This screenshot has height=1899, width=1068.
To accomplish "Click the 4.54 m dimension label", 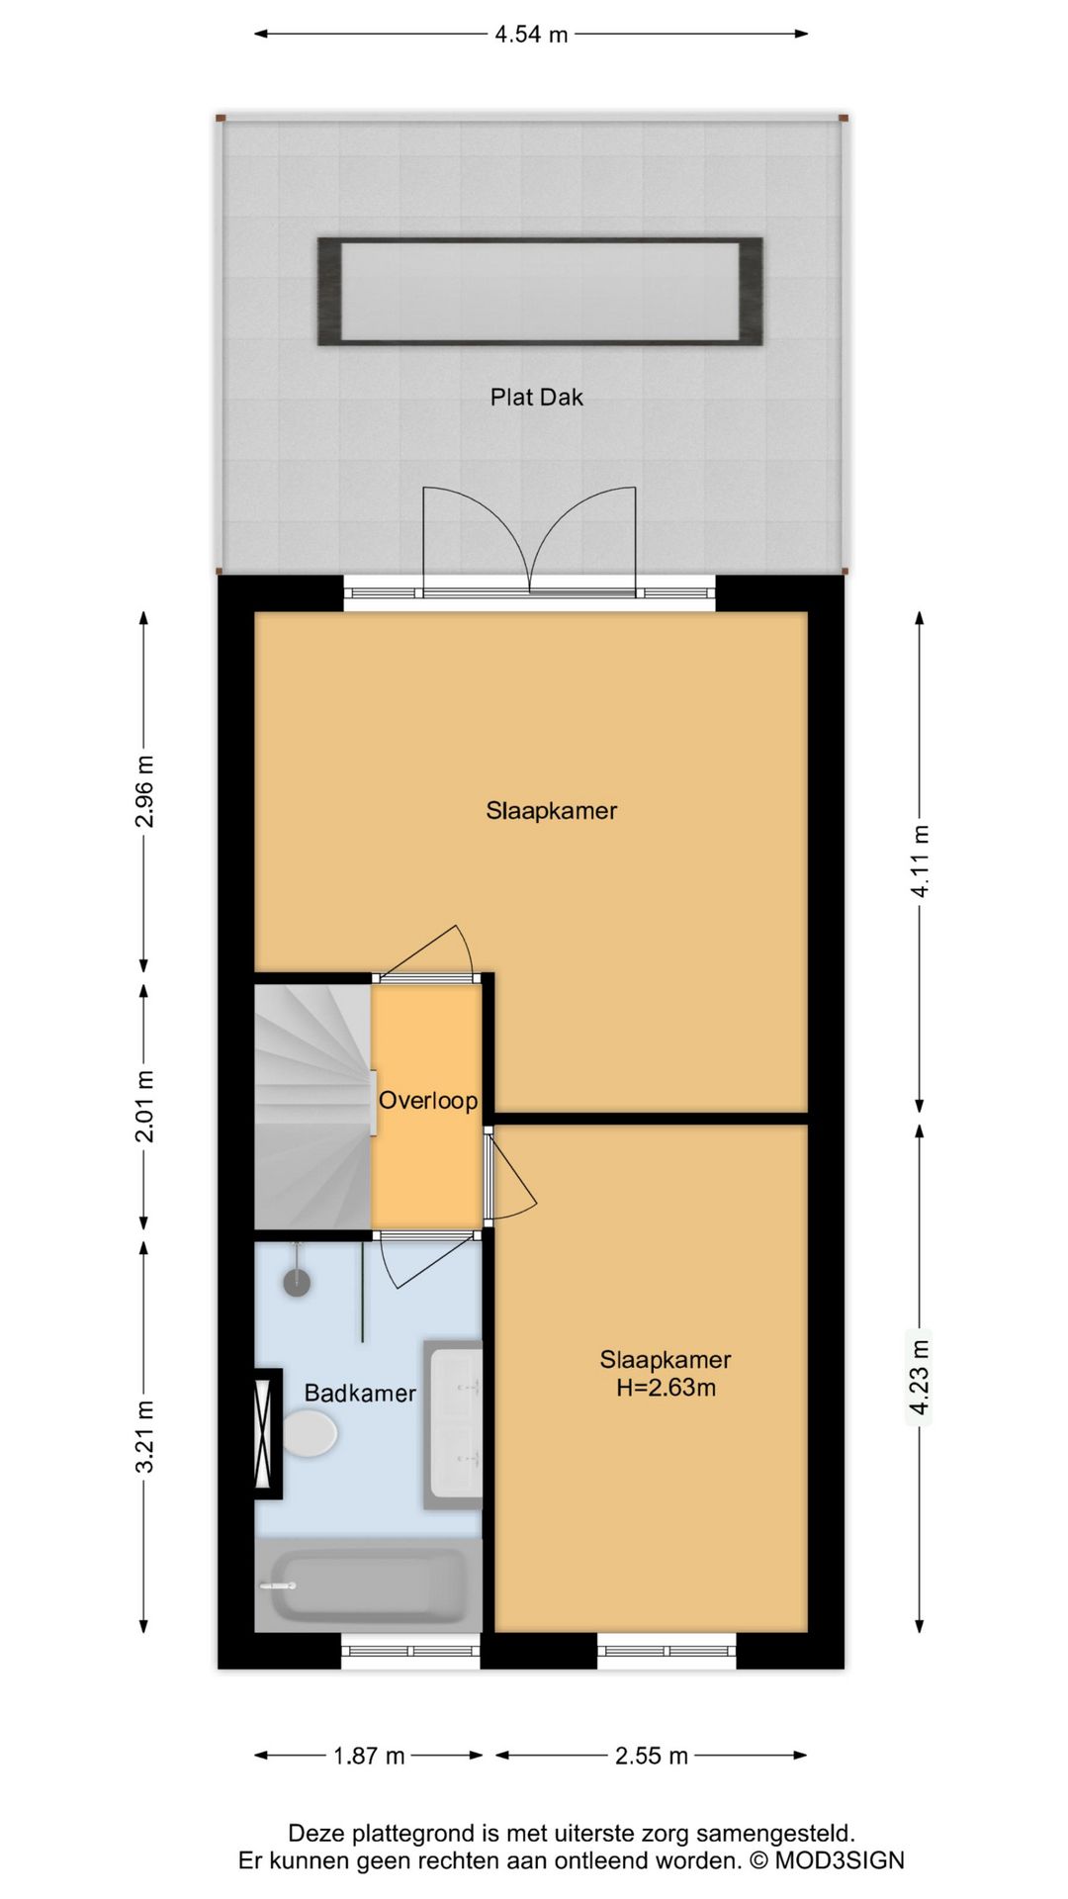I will [531, 35].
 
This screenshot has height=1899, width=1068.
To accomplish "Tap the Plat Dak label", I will [536, 398].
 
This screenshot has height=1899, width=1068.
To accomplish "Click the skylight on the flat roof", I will [540, 292].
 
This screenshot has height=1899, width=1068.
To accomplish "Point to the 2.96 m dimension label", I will [144, 791].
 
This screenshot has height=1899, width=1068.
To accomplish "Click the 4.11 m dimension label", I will [920, 860].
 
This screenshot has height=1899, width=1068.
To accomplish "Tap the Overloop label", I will [428, 1101].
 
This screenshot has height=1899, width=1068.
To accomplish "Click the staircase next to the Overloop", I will [311, 1106].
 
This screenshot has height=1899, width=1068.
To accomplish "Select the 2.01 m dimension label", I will [144, 1106].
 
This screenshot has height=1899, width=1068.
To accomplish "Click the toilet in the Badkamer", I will [309, 1433].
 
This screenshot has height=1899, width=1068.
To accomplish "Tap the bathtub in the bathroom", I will [368, 1585].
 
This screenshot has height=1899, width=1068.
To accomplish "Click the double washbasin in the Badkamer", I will [454, 1424].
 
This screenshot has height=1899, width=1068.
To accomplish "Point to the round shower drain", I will [297, 1283].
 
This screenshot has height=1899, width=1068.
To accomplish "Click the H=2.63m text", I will [666, 1388].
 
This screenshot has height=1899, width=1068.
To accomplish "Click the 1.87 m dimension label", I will [369, 1756].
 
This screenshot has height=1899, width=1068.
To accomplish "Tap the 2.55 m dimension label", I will [651, 1756].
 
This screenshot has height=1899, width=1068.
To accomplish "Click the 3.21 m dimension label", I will [144, 1436].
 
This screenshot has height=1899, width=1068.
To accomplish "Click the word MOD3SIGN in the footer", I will [839, 1860].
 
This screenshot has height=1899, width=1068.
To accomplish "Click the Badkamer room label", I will [359, 1394].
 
